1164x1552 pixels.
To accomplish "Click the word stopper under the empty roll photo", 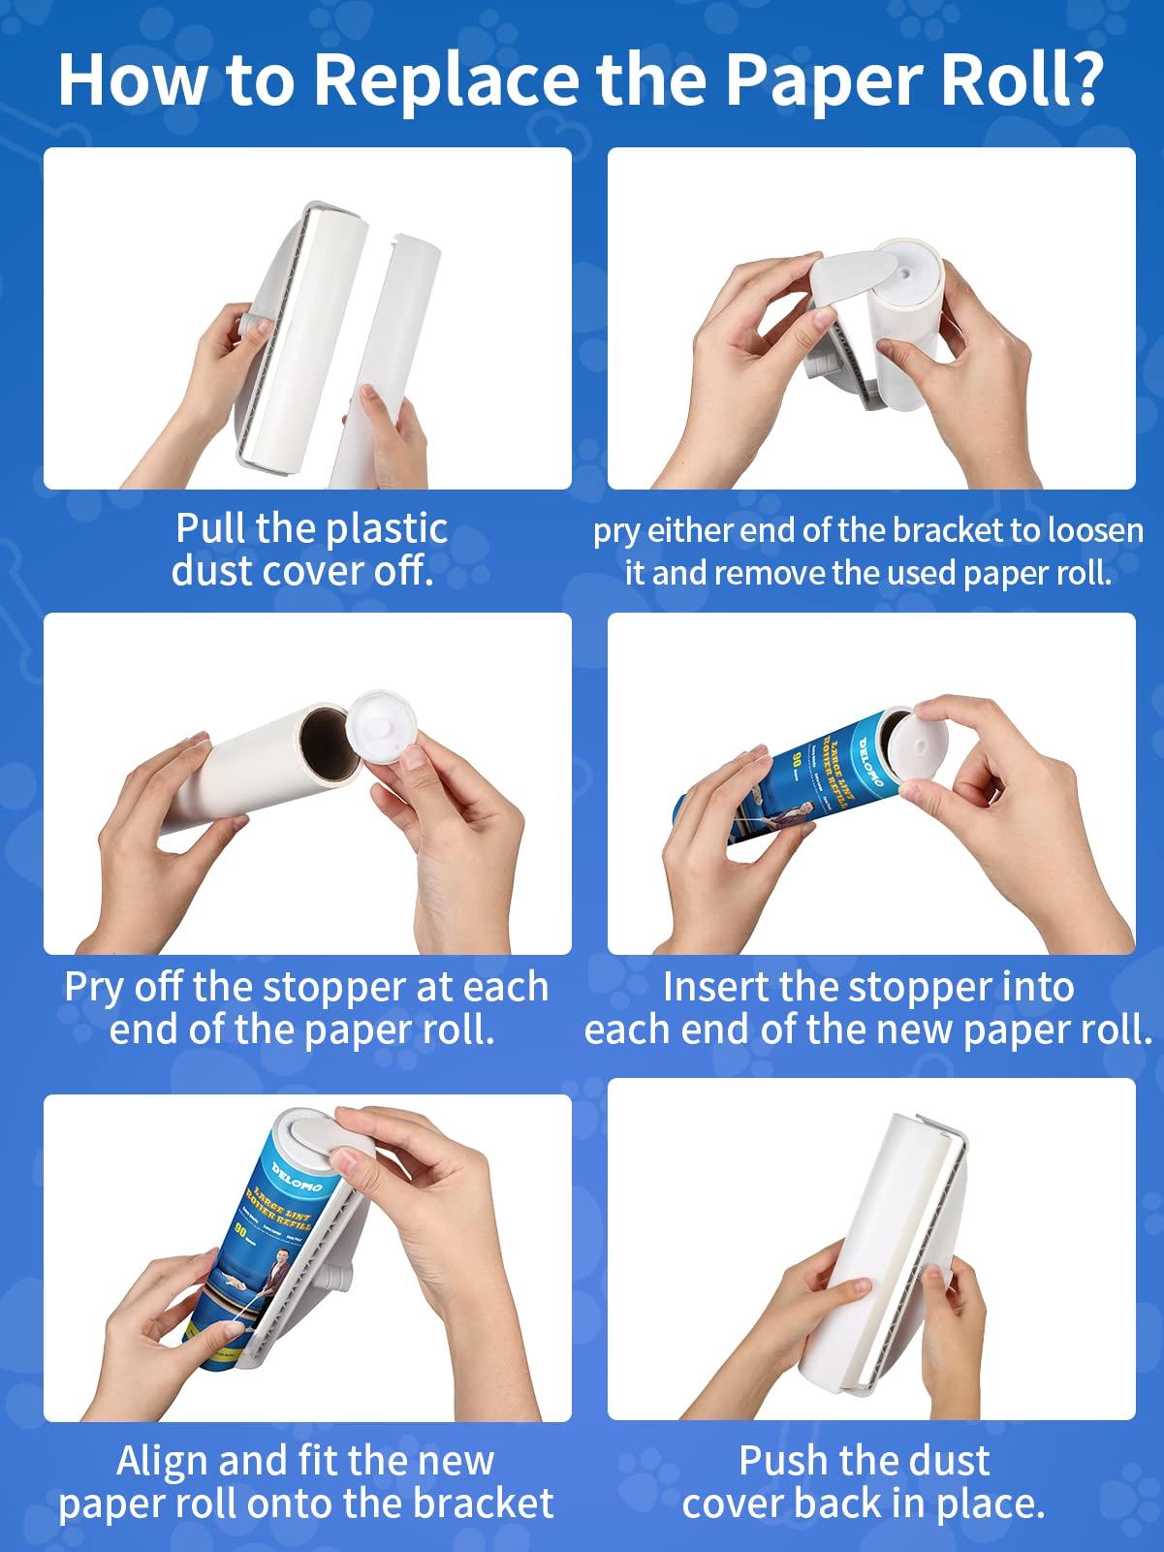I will coord(335,988).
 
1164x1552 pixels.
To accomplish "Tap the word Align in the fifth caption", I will coord(161,1461).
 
